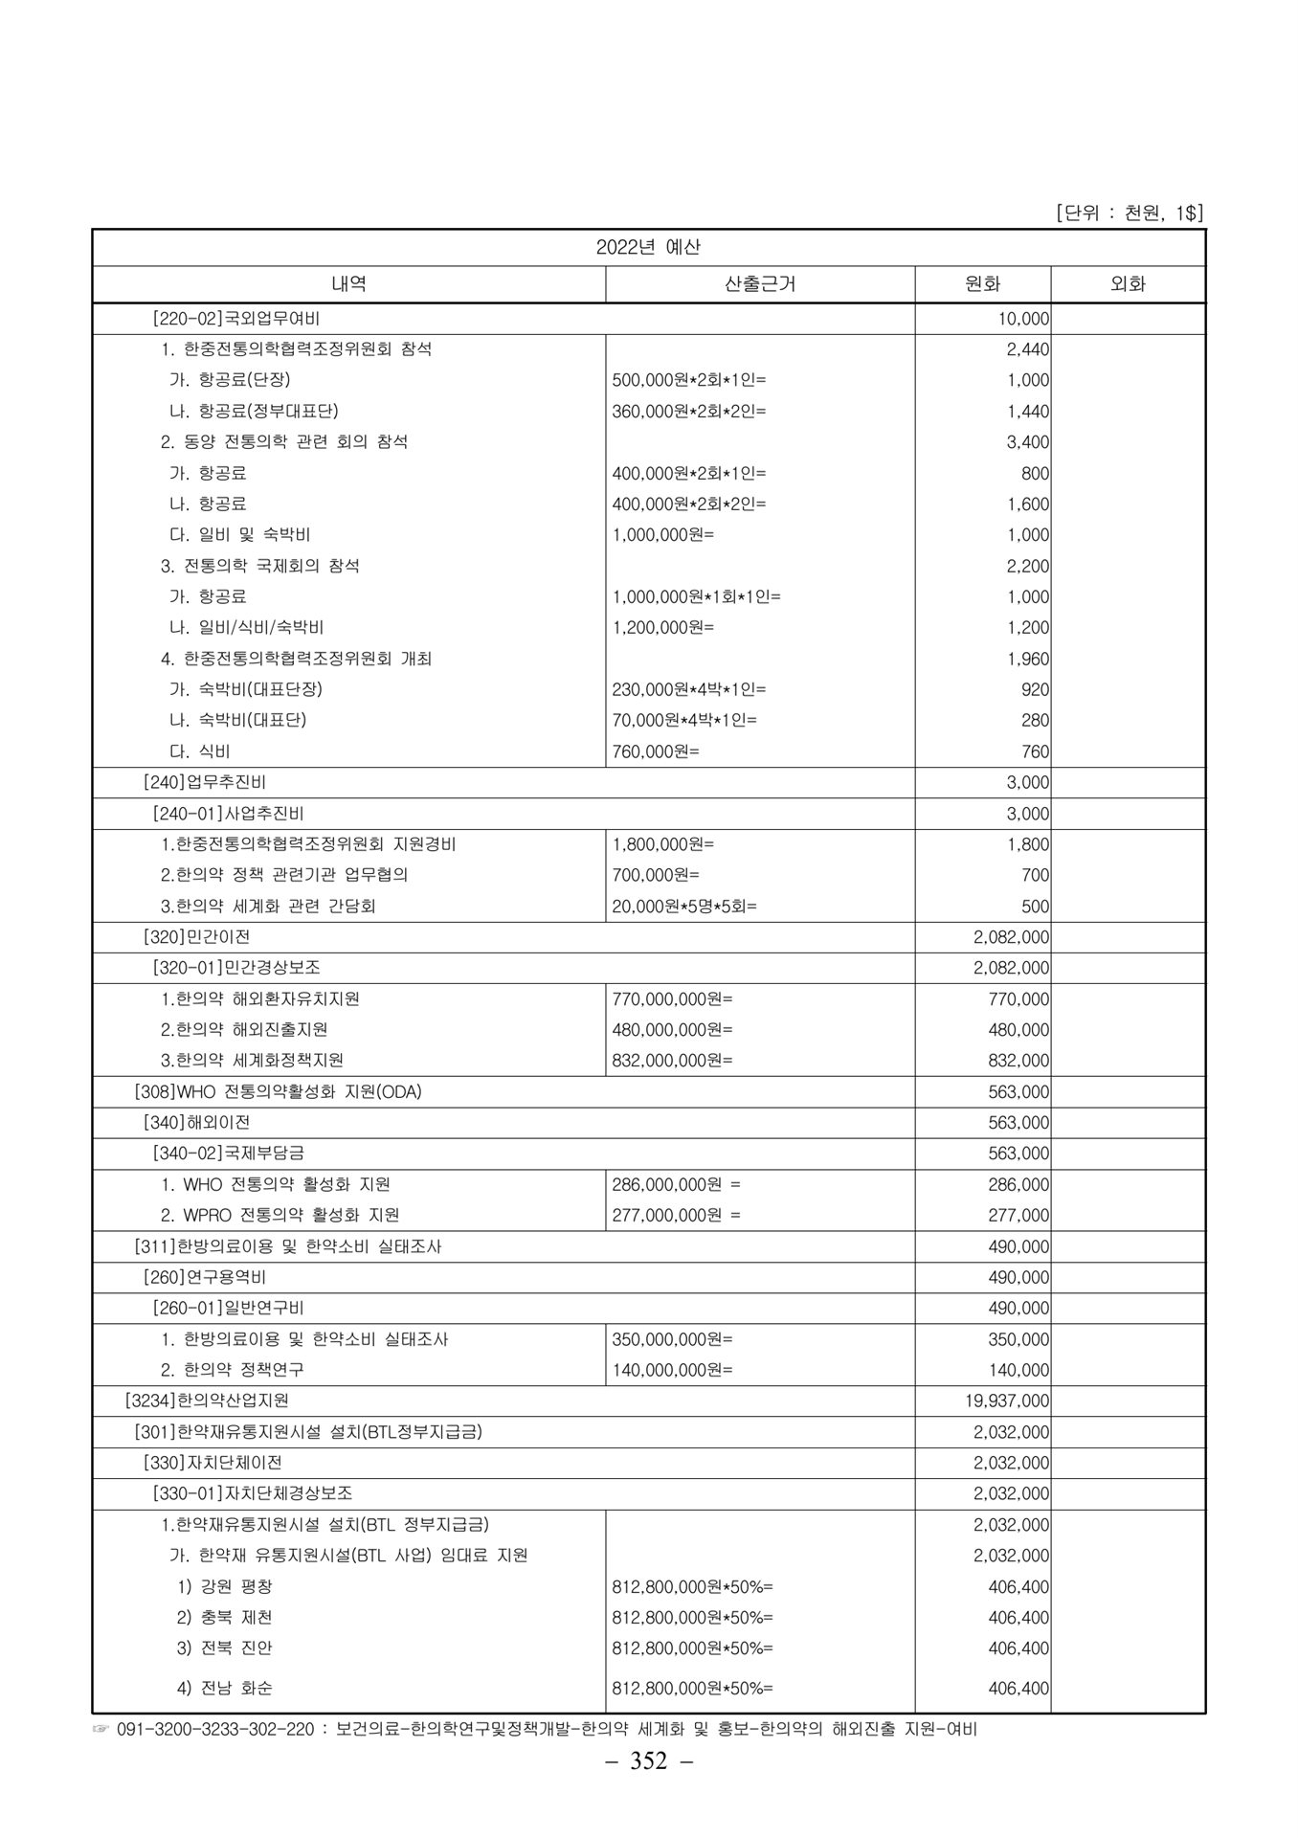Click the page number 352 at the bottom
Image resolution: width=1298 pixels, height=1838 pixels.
(648, 1760)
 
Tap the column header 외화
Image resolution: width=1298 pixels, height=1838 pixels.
(1128, 283)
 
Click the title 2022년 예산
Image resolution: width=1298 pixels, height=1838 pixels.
(648, 247)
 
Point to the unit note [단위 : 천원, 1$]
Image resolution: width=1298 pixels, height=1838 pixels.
(1129, 213)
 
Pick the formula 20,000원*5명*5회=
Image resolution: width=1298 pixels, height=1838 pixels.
(683, 906)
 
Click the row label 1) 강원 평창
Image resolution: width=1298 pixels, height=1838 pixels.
(225, 1586)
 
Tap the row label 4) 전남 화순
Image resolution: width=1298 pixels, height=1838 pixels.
(225, 1688)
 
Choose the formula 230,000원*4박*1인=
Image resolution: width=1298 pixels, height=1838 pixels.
(688, 689)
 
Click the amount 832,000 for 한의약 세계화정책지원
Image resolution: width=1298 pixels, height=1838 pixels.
(1018, 1061)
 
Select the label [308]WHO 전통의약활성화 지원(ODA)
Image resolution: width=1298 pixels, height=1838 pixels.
(278, 1091)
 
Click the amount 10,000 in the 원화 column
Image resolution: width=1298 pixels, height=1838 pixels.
(1024, 319)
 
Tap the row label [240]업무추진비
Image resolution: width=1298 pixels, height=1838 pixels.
(205, 782)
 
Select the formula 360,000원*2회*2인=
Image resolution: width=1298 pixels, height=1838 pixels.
(688, 412)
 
